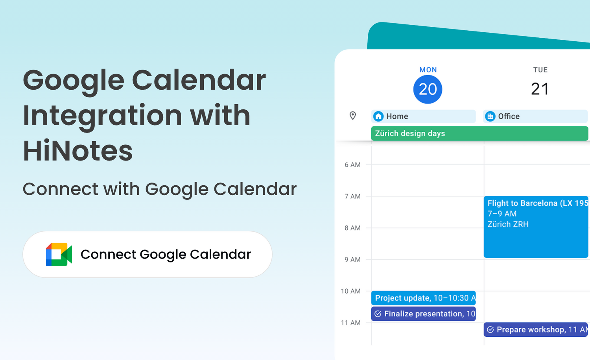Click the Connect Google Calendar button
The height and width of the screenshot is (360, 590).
click(147, 254)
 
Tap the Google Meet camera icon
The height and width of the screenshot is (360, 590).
click(59, 254)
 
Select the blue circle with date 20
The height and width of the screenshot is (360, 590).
click(428, 89)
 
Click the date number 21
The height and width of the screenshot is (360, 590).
click(540, 89)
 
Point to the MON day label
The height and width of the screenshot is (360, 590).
click(428, 70)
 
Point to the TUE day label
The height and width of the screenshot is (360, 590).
click(540, 70)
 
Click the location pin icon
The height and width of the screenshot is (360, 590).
click(353, 116)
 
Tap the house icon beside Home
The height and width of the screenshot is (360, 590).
click(378, 116)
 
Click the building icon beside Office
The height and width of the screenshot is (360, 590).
click(490, 116)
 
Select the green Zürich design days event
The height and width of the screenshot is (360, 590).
click(479, 133)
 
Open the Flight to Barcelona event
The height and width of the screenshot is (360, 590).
click(536, 227)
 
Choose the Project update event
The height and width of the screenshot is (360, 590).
click(423, 298)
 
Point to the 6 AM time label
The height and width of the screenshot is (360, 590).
click(352, 165)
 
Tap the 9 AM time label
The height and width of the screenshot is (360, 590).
click(352, 260)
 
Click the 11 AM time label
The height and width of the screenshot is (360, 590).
click(350, 323)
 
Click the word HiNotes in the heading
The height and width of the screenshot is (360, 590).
click(78, 151)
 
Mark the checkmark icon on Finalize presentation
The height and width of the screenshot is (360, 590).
click(378, 314)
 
